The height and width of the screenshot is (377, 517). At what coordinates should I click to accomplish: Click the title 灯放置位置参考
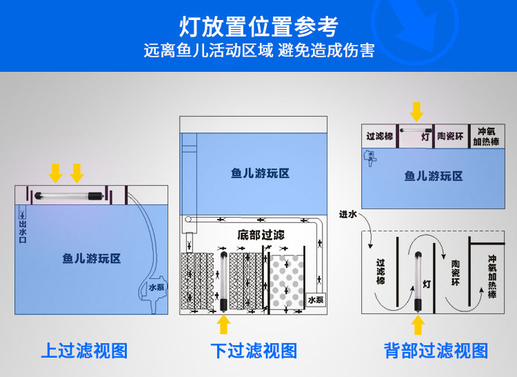pyautogui.click(x=258, y=28)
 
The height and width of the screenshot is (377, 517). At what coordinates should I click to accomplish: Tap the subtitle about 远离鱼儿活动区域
pyautogui.click(x=258, y=51)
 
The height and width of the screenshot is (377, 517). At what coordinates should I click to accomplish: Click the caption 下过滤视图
pyautogui.click(x=254, y=350)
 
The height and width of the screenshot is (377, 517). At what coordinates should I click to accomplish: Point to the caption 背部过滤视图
pyautogui.click(x=436, y=350)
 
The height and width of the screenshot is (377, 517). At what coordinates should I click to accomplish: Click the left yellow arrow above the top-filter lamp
pyautogui.click(x=56, y=172)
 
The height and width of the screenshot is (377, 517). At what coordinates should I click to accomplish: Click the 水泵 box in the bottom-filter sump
pyautogui.click(x=316, y=300)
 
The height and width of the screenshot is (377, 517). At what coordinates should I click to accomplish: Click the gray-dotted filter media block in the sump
pyautogui.click(x=288, y=283)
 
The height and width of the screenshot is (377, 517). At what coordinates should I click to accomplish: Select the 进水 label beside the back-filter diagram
pyautogui.click(x=348, y=215)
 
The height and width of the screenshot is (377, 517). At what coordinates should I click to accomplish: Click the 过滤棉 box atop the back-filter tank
pyautogui.click(x=379, y=135)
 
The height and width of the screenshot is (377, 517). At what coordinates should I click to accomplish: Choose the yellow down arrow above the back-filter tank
pyautogui.click(x=416, y=110)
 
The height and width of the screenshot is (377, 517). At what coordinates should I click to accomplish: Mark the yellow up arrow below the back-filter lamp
pyautogui.click(x=418, y=325)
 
